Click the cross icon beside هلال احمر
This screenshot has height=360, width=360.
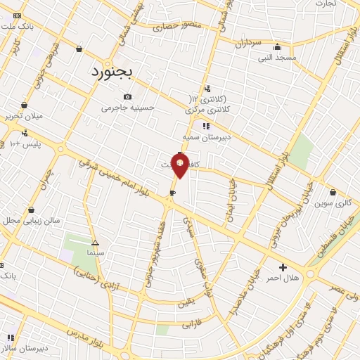pyautogui.click(x=283, y=267)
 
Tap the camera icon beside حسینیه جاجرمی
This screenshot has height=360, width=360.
pyautogui.click(x=127, y=97)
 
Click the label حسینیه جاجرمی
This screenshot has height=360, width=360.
pyautogui.click(x=127, y=108)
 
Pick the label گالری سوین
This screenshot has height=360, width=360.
pyautogui.click(x=333, y=203)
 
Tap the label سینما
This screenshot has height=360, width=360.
pyautogui.click(x=96, y=252)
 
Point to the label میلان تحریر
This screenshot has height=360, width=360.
pyautogui.click(x=24, y=115)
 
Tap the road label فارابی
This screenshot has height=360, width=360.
pyautogui.click(x=191, y=326)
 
